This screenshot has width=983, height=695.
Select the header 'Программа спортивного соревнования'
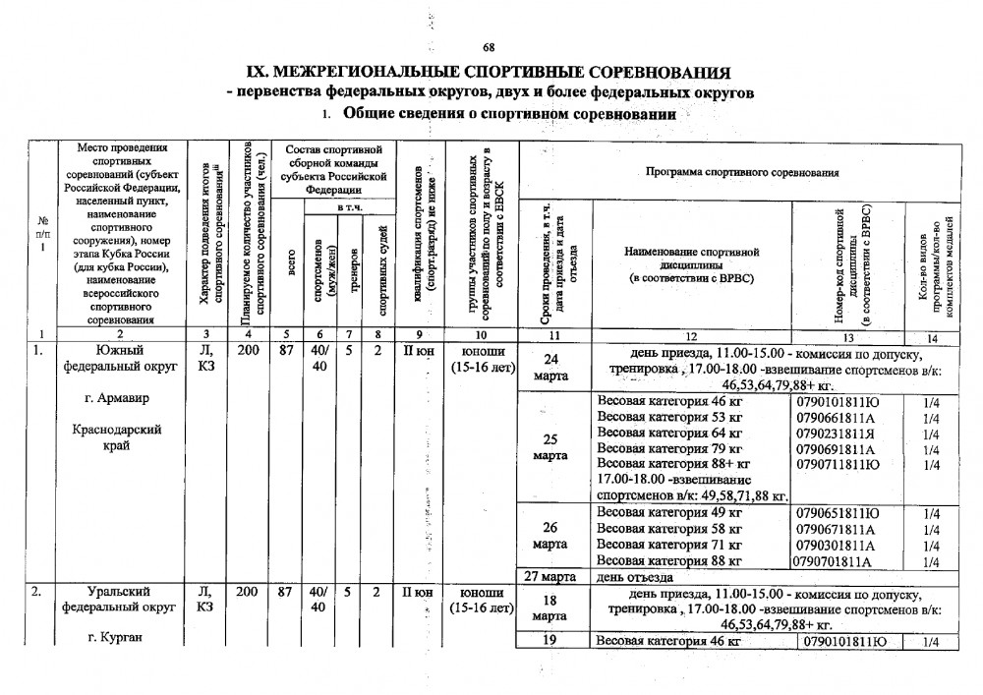click(x=742, y=173)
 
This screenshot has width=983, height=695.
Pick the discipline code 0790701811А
click(x=835, y=561)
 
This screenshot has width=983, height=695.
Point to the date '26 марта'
click(x=550, y=536)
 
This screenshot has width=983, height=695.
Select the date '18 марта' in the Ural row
click(x=549, y=608)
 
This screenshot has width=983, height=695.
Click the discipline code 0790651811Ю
click(x=838, y=513)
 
